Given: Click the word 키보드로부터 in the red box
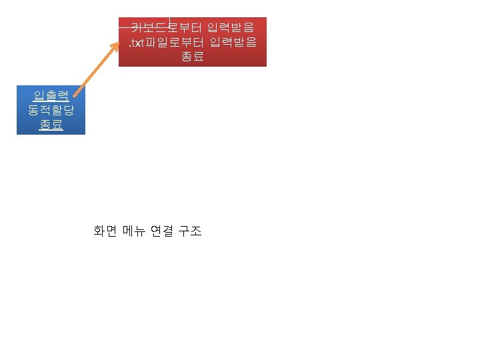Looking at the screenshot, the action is [x=159, y=28].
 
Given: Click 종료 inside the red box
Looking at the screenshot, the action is [x=193, y=57].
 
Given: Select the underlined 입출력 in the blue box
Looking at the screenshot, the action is [x=51, y=95].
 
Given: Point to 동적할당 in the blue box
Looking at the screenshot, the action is [x=51, y=110].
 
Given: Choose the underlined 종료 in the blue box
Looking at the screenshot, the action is [x=51, y=125].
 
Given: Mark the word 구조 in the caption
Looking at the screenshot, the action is [x=190, y=231].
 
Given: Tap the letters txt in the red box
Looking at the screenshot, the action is [x=137, y=43].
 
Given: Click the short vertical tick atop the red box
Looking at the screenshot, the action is [x=169, y=21].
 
